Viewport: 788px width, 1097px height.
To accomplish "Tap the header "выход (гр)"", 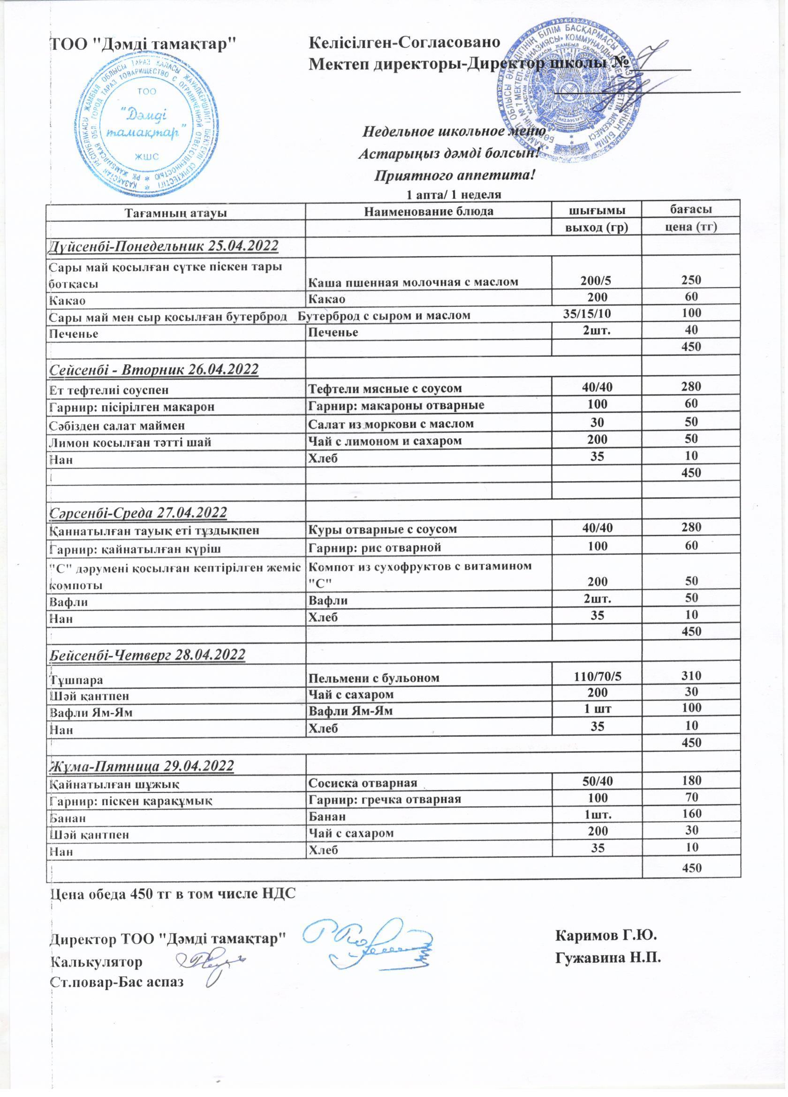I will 597,228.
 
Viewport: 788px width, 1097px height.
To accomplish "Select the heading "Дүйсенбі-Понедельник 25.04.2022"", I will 164,246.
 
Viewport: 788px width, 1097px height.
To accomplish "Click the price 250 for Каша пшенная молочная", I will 691,280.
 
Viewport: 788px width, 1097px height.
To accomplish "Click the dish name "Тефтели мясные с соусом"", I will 385,388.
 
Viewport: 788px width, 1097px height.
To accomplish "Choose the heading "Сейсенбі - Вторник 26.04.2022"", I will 154,370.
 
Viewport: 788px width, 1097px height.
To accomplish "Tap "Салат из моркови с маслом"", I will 391,424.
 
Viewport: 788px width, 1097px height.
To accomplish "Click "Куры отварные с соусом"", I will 382,529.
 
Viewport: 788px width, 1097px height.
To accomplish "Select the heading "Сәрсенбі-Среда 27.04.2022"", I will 138,512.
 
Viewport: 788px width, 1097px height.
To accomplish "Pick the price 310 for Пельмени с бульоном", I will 691,676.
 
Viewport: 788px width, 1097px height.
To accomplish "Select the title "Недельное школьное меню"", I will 454,131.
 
